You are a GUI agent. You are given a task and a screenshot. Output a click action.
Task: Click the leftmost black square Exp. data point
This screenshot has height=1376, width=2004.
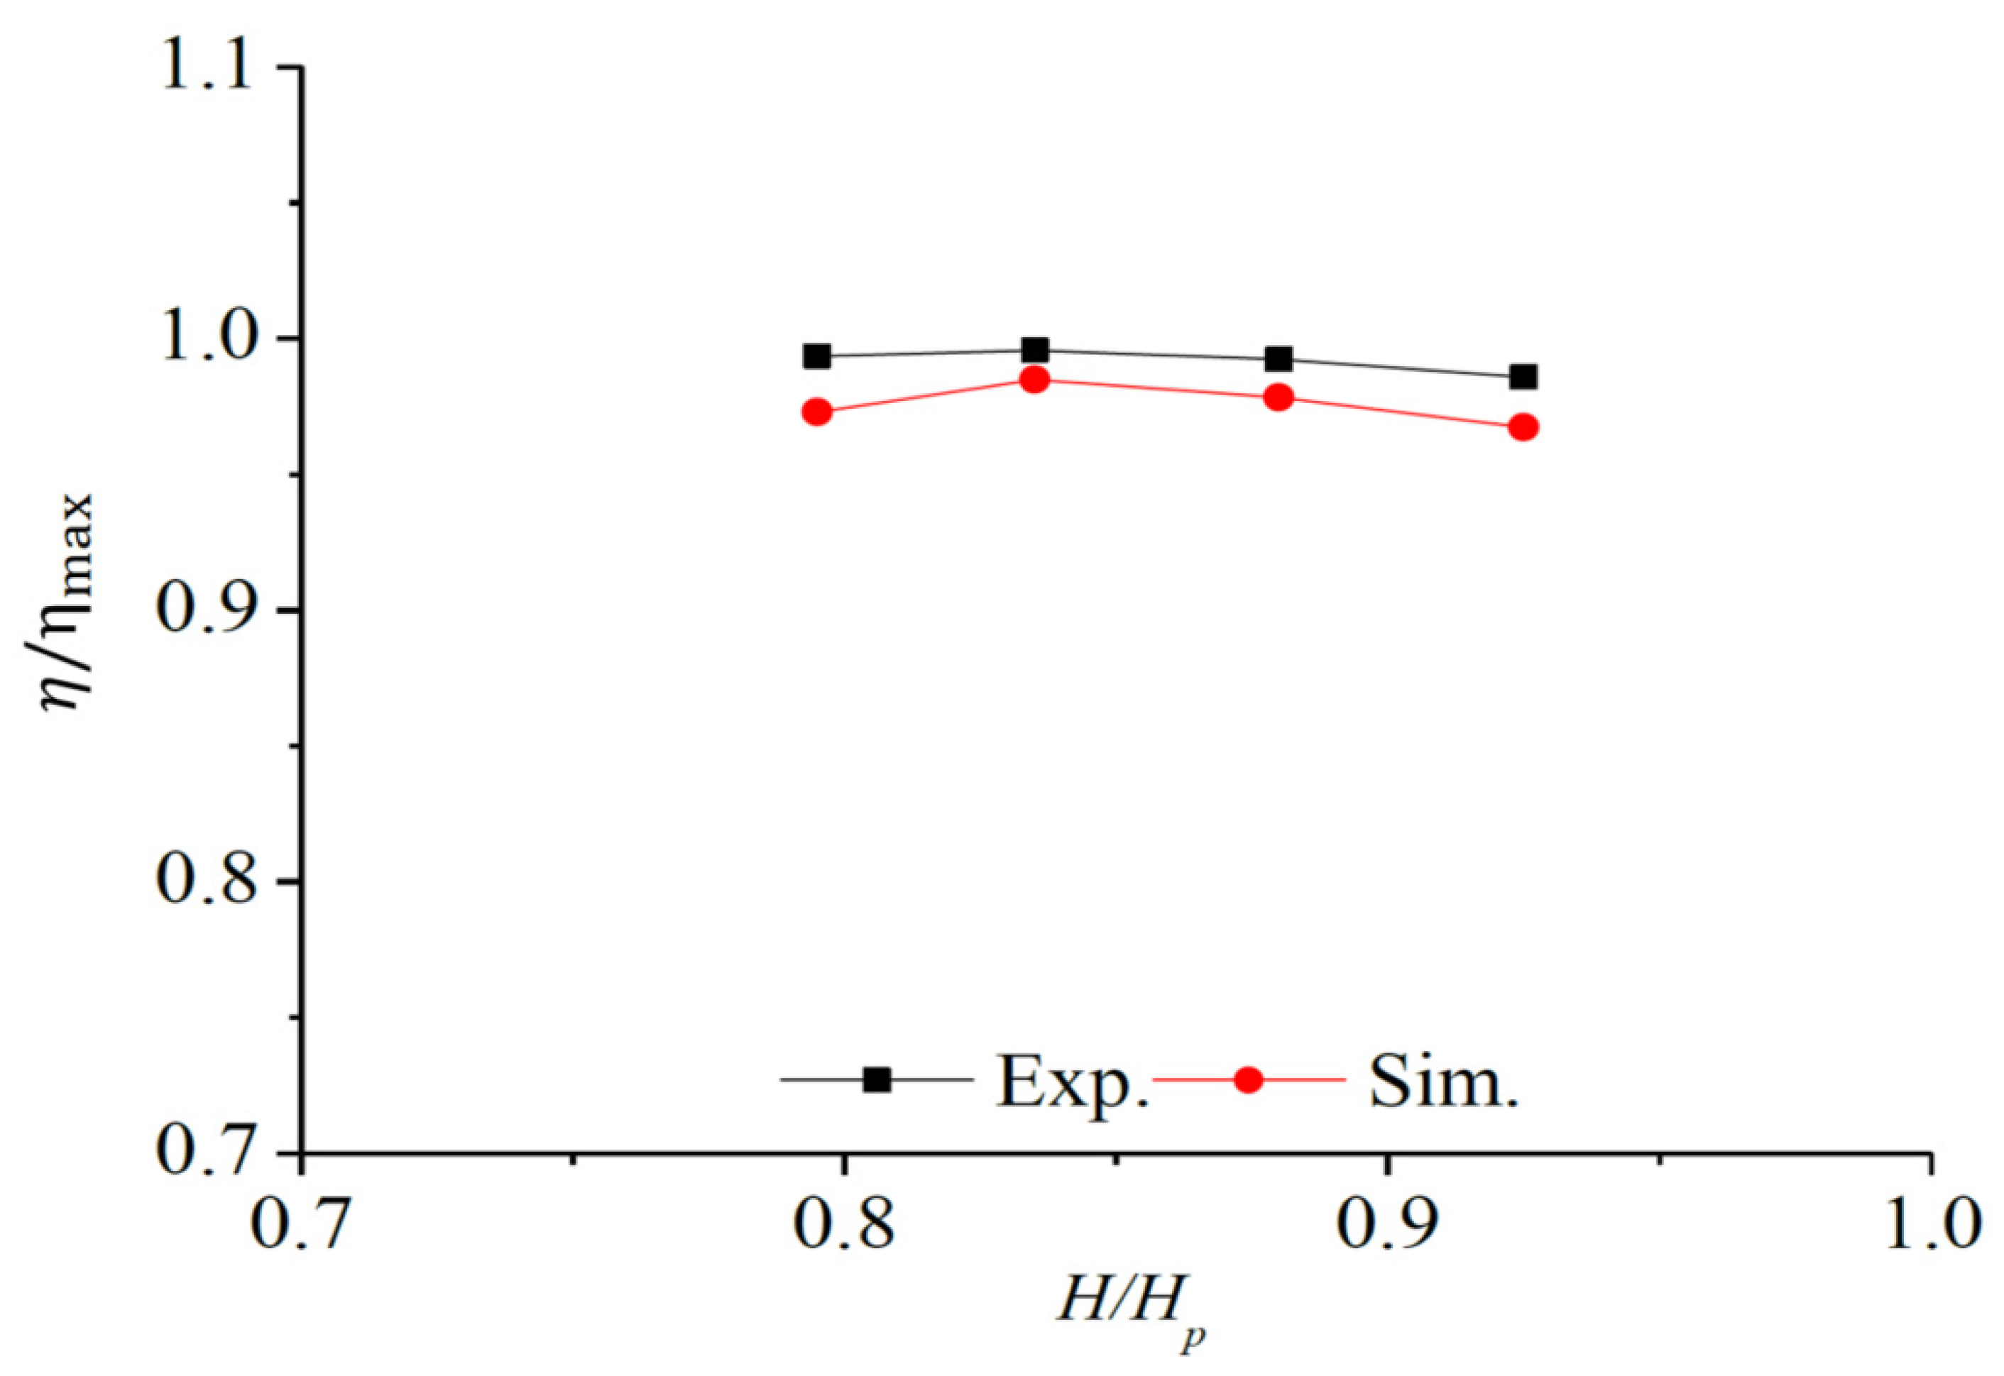click(x=816, y=356)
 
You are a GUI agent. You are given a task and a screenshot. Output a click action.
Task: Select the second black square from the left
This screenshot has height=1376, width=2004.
click(x=1035, y=350)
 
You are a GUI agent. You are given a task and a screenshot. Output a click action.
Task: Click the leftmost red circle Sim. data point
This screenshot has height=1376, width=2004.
click(x=816, y=412)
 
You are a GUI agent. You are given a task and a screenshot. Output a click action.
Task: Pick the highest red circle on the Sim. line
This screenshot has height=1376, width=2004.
click(x=1035, y=380)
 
